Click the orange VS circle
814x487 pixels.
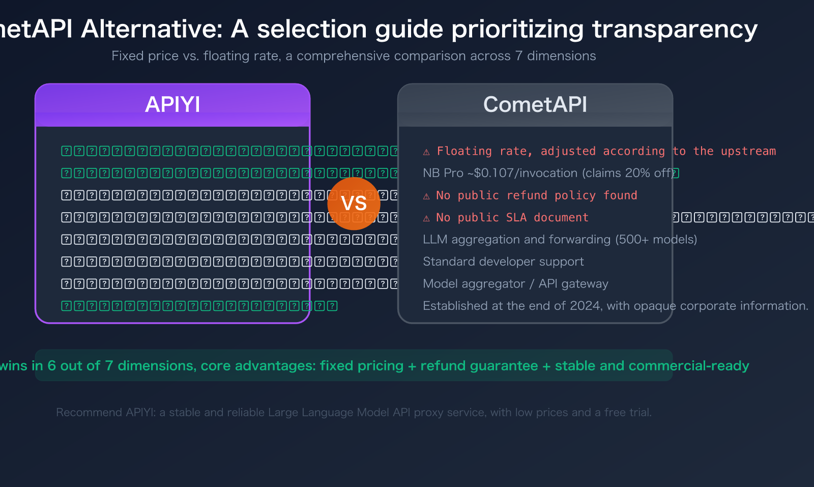(354, 204)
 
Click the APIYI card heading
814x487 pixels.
(172, 105)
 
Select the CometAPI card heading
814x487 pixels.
(535, 105)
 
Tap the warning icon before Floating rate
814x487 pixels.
(426, 152)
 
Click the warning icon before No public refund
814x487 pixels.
(426, 196)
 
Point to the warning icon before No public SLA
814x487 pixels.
(426, 218)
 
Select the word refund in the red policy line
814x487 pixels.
(527, 195)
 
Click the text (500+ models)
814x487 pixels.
(656, 240)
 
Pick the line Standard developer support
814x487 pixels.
(503, 262)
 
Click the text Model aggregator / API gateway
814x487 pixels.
(515, 284)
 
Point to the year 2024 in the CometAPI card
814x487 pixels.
(585, 306)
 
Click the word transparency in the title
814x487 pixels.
(675, 30)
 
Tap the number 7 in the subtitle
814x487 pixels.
(518, 56)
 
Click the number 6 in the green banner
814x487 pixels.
(51, 366)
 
